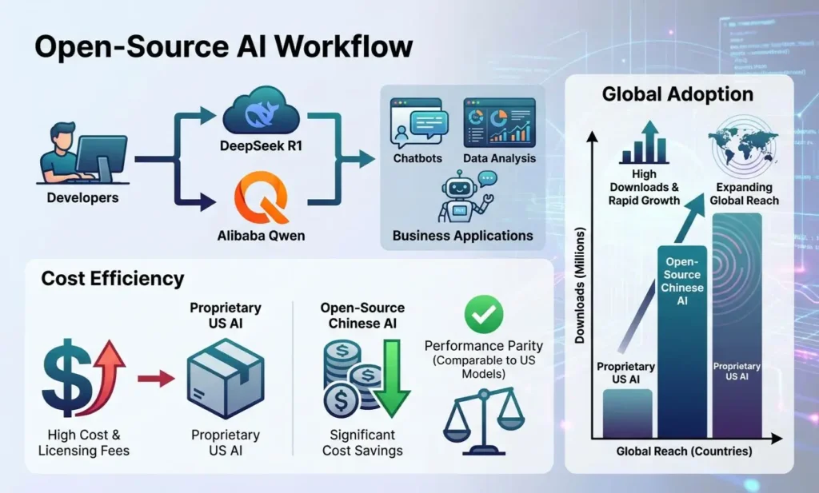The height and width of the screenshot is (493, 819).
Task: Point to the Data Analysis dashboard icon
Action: (499, 123)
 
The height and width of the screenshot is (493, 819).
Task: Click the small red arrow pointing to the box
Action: (156, 379)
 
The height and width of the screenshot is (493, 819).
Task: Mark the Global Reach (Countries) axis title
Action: (684, 451)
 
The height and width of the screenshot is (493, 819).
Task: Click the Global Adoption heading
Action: (677, 95)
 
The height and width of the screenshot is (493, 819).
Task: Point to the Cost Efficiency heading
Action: (113, 278)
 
